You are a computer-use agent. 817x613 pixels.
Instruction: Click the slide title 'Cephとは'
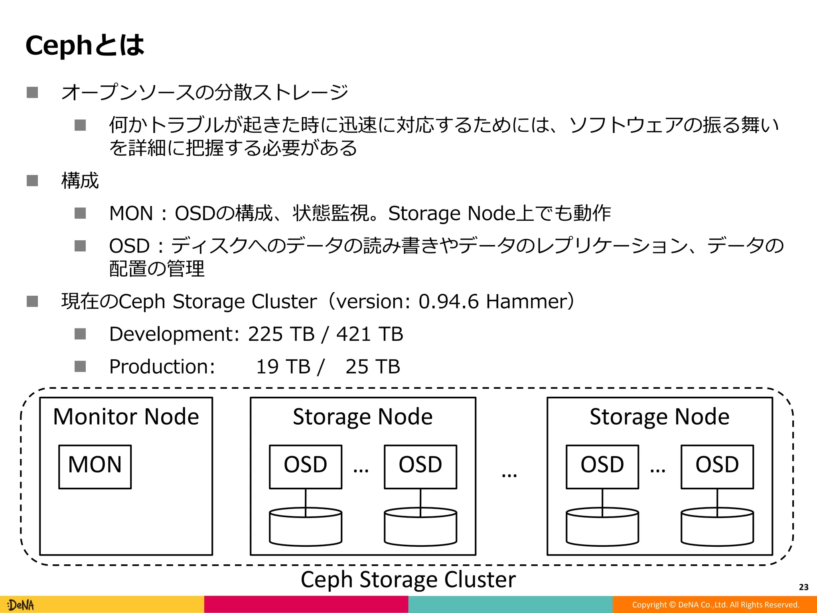[x=85, y=45]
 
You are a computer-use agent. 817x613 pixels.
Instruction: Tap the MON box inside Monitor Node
[x=95, y=466]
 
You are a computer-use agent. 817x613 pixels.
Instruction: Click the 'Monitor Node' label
[x=126, y=417]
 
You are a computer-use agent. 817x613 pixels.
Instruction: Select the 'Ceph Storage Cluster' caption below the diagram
[x=408, y=579]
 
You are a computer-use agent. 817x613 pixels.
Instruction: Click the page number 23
[x=803, y=587]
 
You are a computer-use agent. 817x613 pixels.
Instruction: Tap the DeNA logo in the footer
[x=21, y=605]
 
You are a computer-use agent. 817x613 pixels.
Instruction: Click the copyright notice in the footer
[x=716, y=605]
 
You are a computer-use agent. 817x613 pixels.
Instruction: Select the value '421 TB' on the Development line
[x=370, y=334]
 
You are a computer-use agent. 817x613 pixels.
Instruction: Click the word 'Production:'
[x=162, y=367]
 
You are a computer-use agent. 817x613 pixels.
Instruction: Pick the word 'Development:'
[x=174, y=334]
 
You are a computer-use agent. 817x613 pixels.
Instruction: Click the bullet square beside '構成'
[x=32, y=181]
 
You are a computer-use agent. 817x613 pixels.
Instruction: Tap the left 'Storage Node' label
[x=363, y=417]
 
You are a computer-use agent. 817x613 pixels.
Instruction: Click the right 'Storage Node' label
[x=659, y=417]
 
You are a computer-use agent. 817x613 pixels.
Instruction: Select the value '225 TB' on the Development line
[x=281, y=334]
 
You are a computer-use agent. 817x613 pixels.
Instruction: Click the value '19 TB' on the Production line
[x=283, y=367]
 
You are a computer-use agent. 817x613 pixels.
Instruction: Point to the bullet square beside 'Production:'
[x=80, y=366]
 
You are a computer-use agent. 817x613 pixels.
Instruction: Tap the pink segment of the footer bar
[x=306, y=605]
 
